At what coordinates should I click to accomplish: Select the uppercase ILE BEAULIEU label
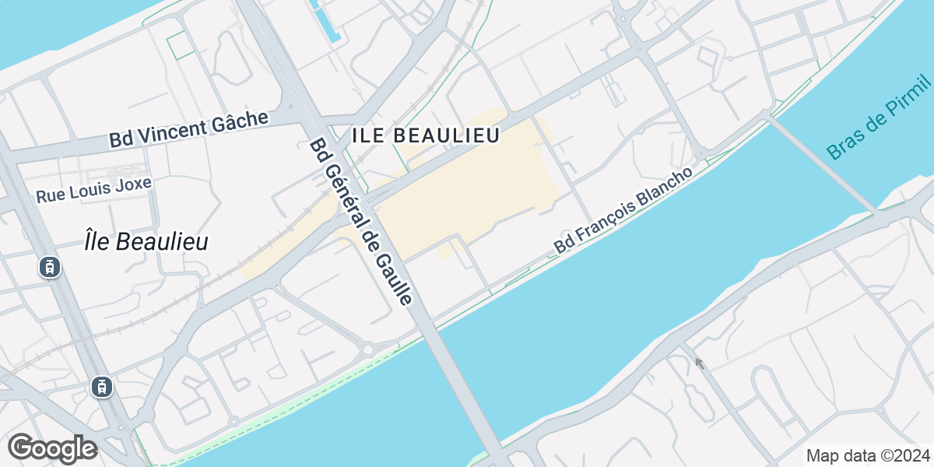[x=425, y=135]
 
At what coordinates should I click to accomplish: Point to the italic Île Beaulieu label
[x=146, y=242]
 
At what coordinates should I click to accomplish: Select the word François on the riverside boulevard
[x=602, y=225]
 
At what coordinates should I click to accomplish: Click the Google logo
[x=52, y=448]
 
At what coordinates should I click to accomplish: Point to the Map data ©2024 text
[x=867, y=455]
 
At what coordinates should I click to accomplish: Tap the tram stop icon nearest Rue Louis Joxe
[x=50, y=267]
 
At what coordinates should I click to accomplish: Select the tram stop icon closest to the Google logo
[x=101, y=385]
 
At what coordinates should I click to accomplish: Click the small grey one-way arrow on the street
[x=700, y=363]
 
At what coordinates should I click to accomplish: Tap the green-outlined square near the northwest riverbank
[x=181, y=45]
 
